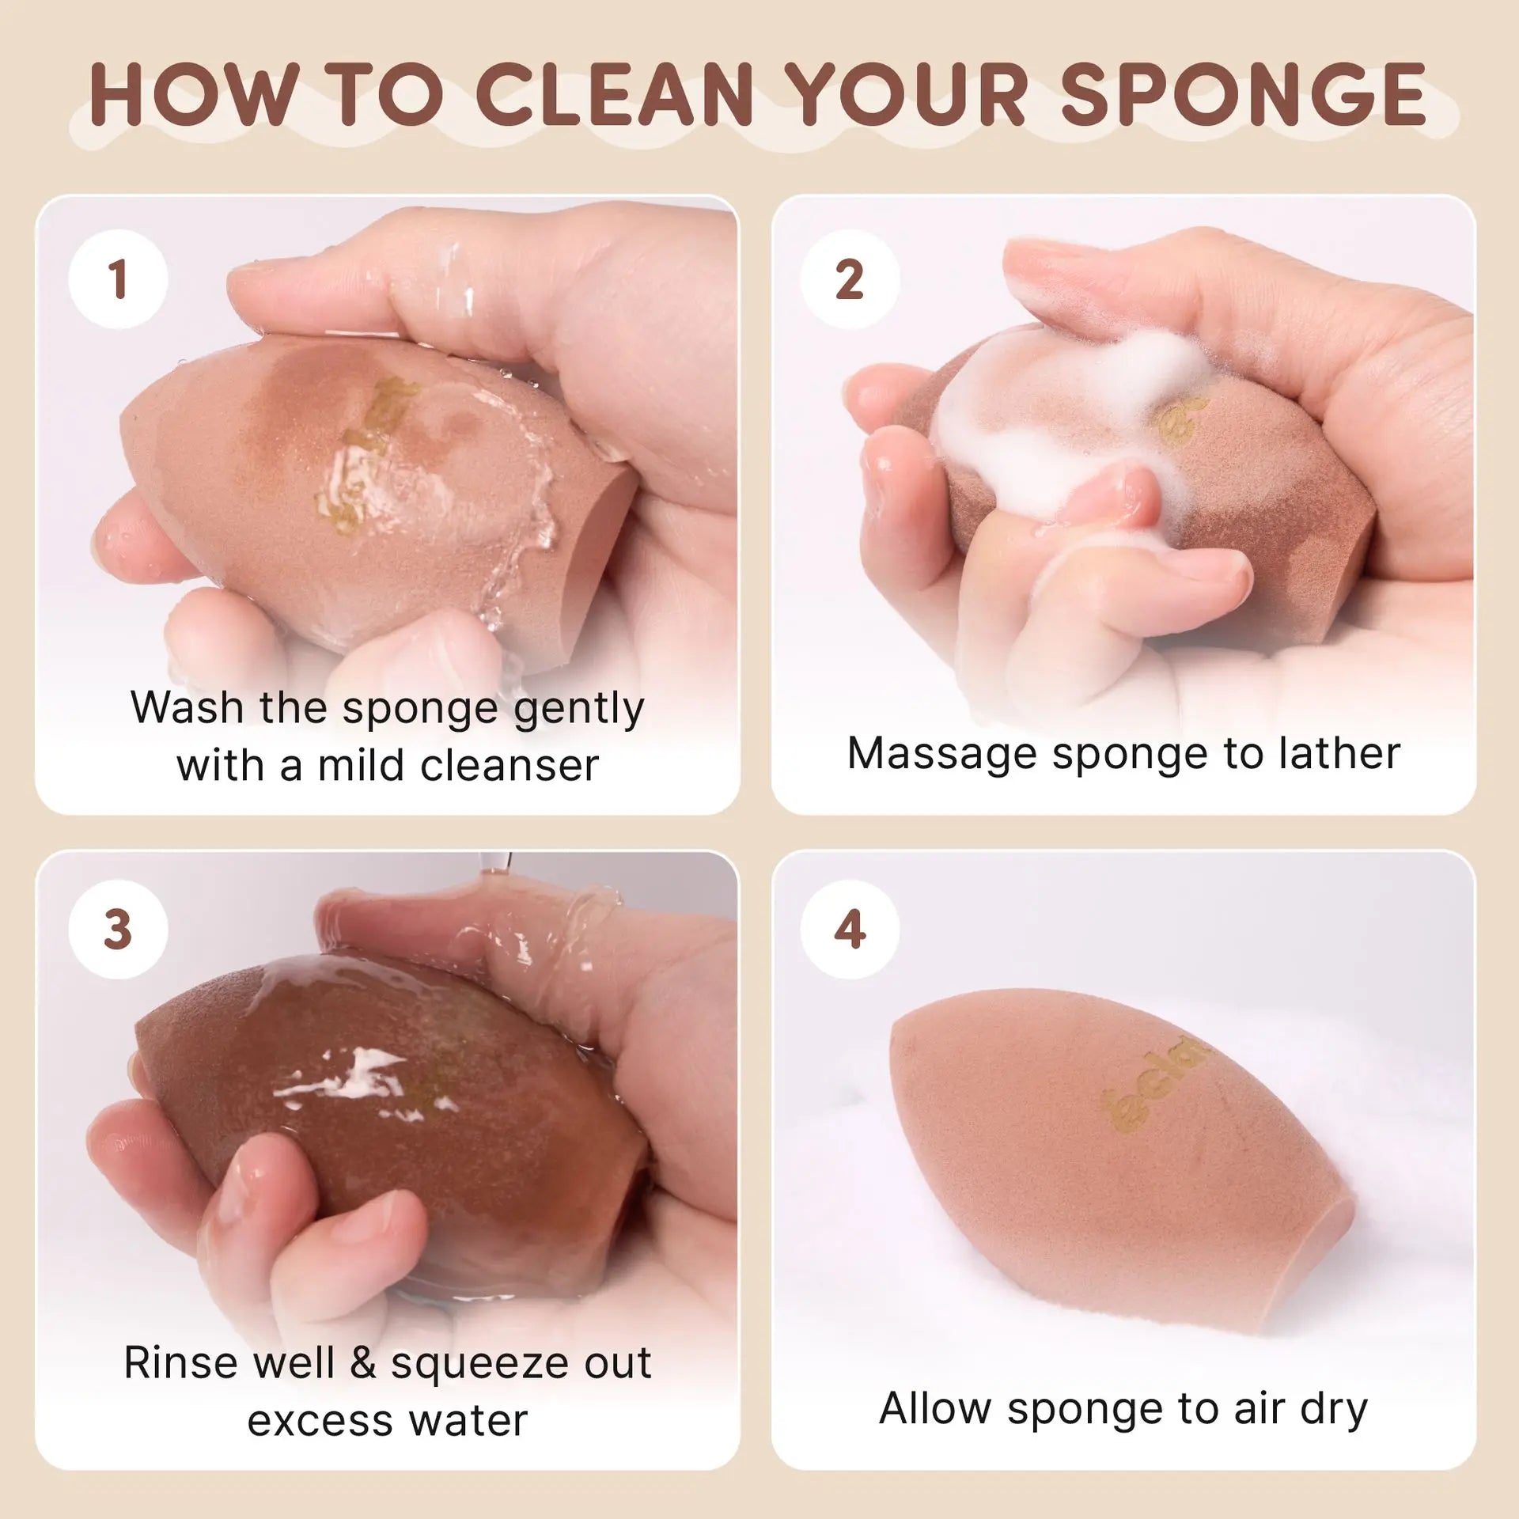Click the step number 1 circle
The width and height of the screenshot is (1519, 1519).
point(118,279)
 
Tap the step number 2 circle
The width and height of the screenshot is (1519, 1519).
point(850,279)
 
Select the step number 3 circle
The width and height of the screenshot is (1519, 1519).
point(118,930)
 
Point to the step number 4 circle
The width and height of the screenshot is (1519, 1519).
point(850,930)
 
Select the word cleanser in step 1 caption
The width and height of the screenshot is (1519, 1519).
point(509,765)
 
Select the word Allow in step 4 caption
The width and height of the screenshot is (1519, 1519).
point(935,1408)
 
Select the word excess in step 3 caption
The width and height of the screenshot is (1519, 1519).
point(323,1422)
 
